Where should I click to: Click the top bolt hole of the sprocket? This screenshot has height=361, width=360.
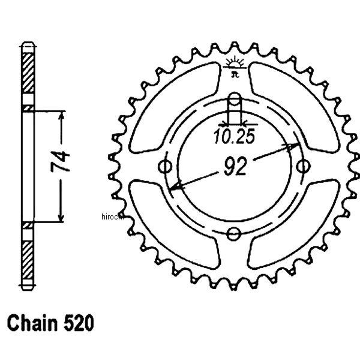pos(235,100)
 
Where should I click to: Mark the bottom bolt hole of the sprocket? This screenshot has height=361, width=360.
pos(235,233)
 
